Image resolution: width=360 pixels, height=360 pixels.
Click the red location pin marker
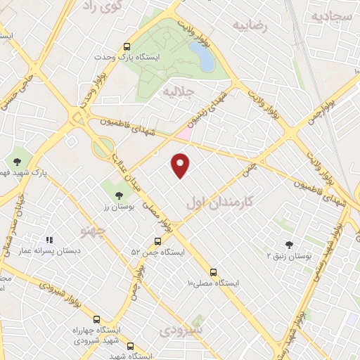[181, 165]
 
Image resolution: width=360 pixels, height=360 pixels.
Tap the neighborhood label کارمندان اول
[220, 201]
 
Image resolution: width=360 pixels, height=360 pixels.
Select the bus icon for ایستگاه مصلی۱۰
[213, 271]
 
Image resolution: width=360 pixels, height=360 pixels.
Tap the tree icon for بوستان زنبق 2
[289, 245]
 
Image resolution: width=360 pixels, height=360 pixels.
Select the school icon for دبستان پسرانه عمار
[49, 240]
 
